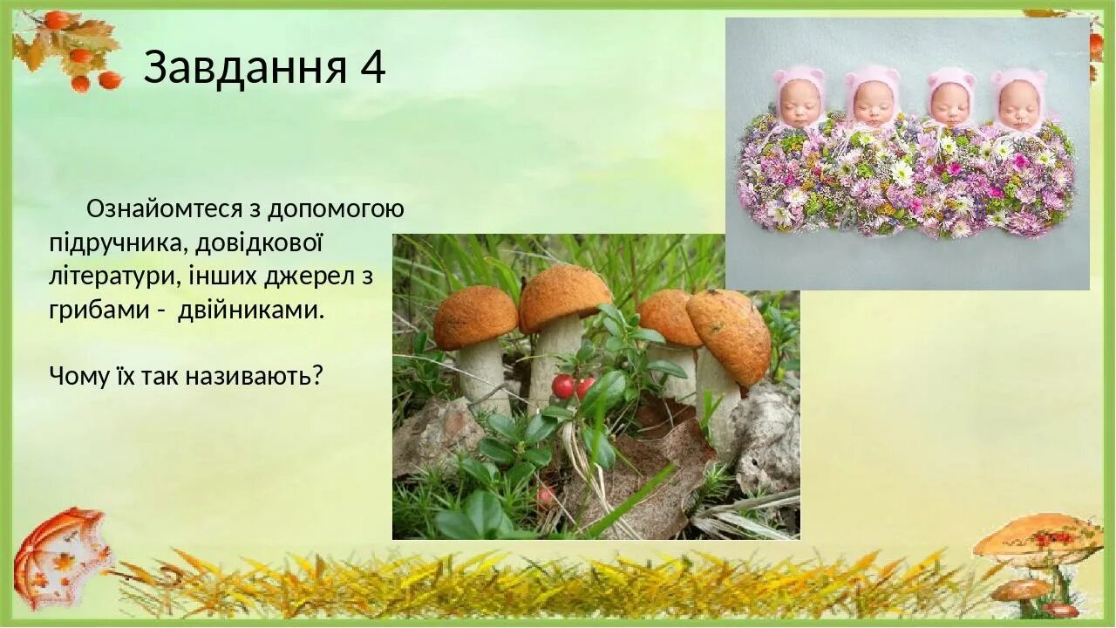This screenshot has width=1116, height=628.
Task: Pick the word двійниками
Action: click(250, 311)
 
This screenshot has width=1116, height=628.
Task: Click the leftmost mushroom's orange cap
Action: click(474, 317)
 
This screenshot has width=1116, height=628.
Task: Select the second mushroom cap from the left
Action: click(564, 297)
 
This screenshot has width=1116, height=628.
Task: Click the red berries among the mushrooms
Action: click(572, 386)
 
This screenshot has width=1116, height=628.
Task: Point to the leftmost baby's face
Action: click(800, 104)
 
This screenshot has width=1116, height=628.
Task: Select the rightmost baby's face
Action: click(1018, 106)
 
